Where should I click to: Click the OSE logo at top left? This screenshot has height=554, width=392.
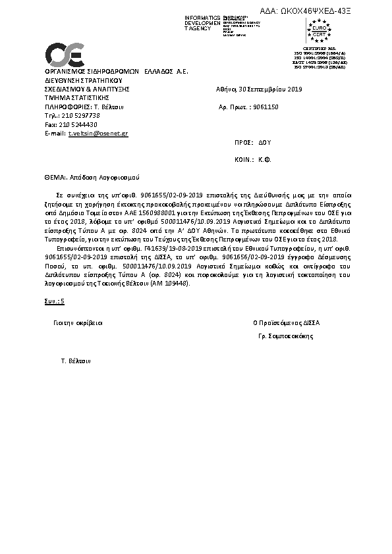(x=63, y=53)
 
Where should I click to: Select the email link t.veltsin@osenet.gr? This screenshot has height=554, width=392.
(x=98, y=134)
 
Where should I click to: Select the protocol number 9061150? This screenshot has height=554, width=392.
(x=266, y=106)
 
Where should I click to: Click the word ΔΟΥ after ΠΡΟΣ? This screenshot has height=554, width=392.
(x=265, y=142)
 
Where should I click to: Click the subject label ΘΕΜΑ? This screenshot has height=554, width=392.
(x=55, y=178)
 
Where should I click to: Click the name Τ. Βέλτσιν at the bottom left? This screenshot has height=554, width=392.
(x=75, y=361)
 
